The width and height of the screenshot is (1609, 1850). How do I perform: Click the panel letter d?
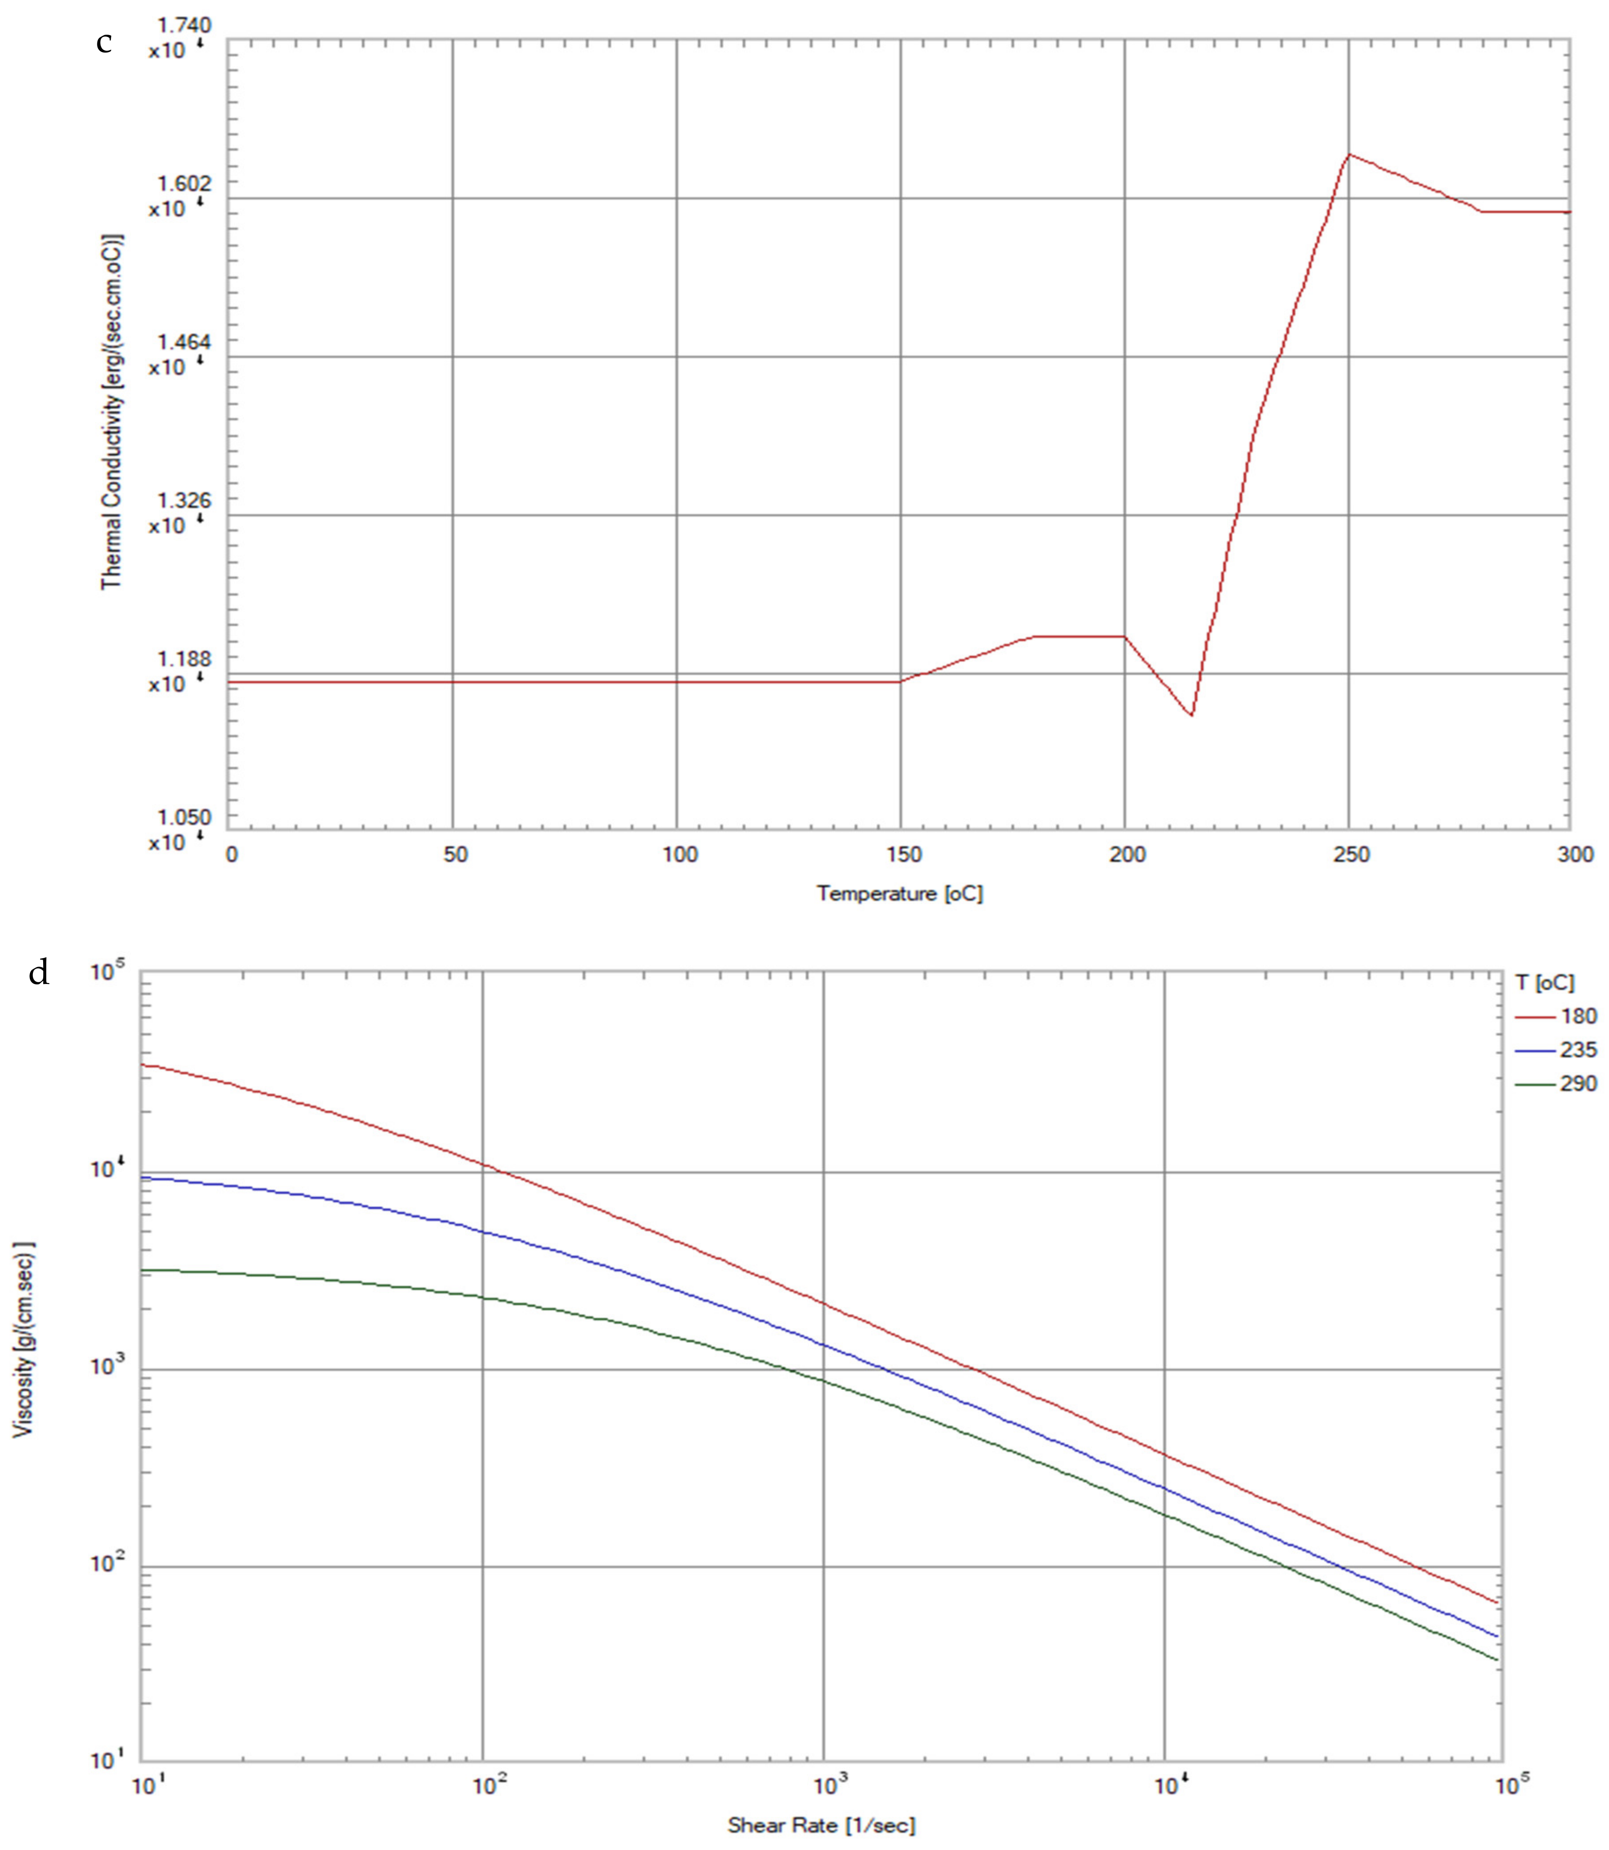pyautogui.click(x=39, y=972)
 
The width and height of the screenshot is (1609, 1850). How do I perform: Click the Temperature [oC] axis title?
pyautogui.click(x=900, y=894)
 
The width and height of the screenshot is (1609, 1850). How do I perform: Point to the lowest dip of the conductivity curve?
pyautogui.click(x=1191, y=715)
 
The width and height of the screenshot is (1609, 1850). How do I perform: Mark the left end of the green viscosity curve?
pyautogui.click(x=144, y=1270)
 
